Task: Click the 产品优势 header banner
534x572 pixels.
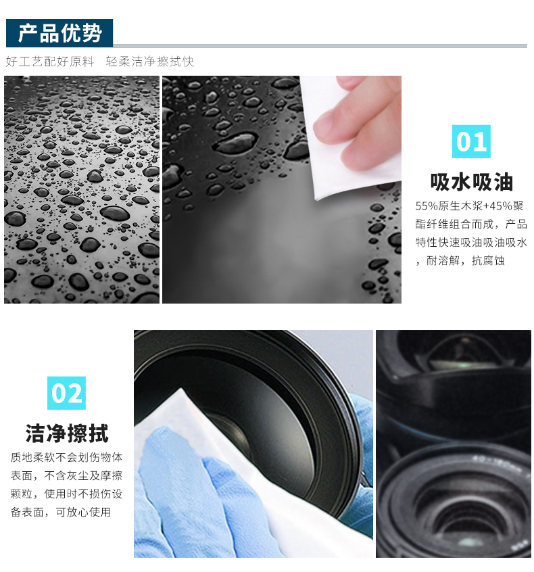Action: click(59, 33)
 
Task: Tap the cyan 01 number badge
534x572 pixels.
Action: click(471, 141)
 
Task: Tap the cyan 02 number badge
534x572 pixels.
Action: click(66, 393)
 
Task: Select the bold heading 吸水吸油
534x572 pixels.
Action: click(471, 182)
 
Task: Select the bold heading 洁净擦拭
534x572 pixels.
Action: click(67, 433)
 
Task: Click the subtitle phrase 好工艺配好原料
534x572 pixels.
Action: click(50, 62)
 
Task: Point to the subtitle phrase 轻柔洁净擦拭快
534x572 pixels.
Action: click(150, 62)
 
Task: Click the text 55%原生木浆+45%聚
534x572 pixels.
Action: click(469, 206)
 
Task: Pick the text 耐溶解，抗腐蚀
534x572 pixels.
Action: click(466, 260)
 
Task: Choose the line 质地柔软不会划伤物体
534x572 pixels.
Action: click(66, 457)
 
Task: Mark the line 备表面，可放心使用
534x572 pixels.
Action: click(61, 512)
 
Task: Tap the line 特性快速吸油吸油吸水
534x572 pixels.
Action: click(471, 242)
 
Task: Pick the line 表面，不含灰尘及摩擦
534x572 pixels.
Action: click(66, 475)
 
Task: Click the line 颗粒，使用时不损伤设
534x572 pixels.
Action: click(66, 494)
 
